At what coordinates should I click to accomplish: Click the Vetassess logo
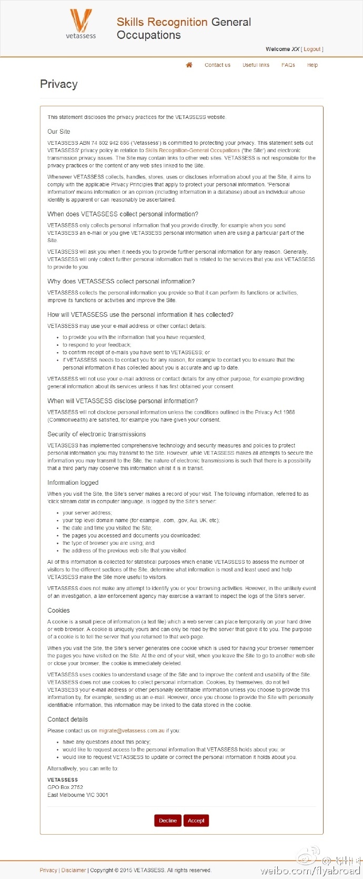click(81, 24)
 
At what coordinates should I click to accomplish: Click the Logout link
click(312, 49)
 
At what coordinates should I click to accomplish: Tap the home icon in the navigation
click(189, 65)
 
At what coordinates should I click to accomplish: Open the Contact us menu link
click(217, 65)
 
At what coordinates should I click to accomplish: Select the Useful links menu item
click(256, 65)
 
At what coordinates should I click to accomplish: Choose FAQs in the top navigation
click(288, 65)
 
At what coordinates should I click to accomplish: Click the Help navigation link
click(312, 65)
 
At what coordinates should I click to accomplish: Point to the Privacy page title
click(59, 84)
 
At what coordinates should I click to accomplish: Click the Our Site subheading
click(58, 132)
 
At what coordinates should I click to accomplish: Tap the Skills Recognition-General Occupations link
click(193, 151)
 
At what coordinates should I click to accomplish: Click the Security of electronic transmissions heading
click(96, 434)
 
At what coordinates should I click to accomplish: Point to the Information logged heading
click(73, 483)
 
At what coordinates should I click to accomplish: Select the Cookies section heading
click(58, 611)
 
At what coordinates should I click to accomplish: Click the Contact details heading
click(67, 720)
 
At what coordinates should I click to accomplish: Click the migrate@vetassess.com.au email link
click(132, 731)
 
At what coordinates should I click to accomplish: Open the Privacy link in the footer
click(48, 870)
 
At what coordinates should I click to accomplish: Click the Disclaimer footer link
click(74, 870)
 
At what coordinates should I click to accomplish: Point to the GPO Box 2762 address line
click(65, 787)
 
